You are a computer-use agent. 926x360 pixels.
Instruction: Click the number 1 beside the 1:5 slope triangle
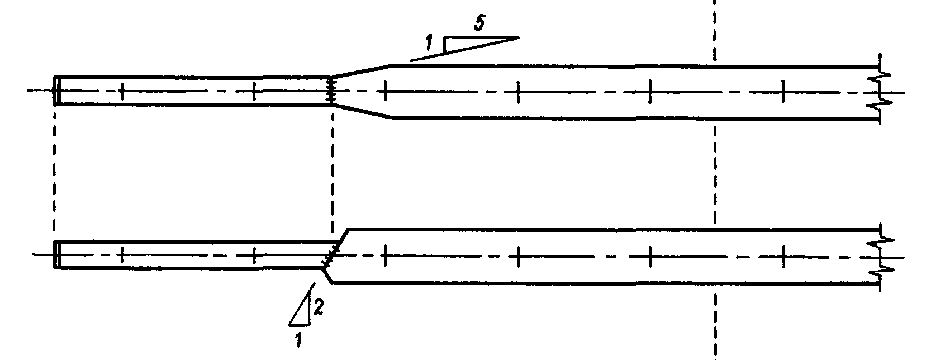coord(429,42)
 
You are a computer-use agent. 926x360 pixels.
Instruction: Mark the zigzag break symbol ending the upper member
coord(880,92)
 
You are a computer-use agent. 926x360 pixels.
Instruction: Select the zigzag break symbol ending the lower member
coord(881,255)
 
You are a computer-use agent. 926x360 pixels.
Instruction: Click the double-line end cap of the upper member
coord(56,90)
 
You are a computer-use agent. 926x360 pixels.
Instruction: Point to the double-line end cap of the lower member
coord(56,254)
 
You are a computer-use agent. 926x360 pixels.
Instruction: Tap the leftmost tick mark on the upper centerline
coord(121,91)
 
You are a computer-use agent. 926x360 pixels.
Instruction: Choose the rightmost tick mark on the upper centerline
coord(782,91)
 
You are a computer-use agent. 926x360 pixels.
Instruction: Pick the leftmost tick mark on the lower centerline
coord(121,255)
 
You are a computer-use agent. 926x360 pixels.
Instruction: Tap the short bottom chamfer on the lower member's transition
coord(328,275)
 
